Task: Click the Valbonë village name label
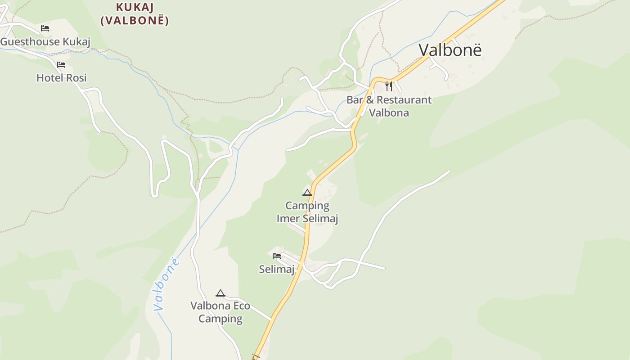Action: click(450, 50)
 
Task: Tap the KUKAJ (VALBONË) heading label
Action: click(135, 14)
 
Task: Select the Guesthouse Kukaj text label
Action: click(45, 42)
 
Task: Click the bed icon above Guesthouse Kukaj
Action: click(45, 28)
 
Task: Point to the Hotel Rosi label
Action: click(61, 78)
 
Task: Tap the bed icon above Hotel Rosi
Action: click(61, 65)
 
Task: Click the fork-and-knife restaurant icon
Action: click(389, 86)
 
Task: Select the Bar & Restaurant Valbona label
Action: click(389, 106)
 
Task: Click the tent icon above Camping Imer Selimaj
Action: click(307, 193)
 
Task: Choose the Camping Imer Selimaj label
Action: click(307, 212)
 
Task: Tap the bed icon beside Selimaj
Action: click(277, 256)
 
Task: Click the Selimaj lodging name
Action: click(276, 270)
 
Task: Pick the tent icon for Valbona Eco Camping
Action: click(220, 293)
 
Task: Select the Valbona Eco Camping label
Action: click(220, 312)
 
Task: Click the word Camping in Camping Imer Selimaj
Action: click(307, 206)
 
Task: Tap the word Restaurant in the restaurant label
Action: click(404, 100)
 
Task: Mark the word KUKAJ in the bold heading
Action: click(135, 7)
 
